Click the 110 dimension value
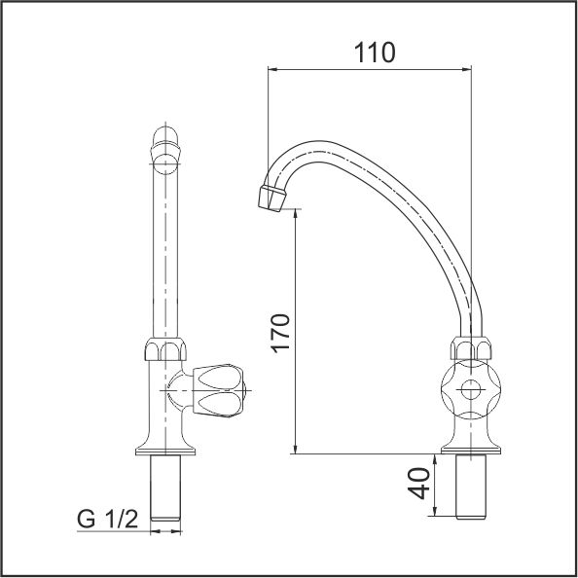[375, 53]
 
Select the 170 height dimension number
[281, 334]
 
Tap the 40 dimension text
[419, 484]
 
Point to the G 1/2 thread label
[108, 519]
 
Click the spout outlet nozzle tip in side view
[272, 199]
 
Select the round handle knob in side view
[471, 389]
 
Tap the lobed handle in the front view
[219, 390]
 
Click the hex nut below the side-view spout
[471, 348]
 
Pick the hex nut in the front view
[165, 348]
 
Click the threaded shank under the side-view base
[471, 487]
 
